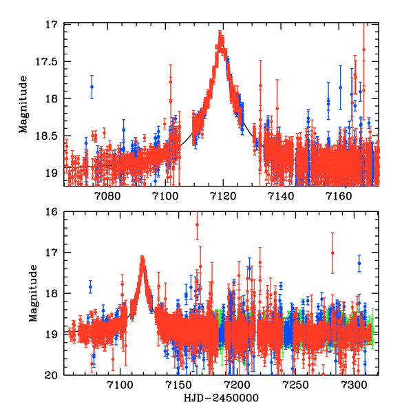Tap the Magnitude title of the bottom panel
[x=32, y=293]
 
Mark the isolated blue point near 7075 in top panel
[x=92, y=86]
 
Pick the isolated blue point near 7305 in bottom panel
[x=359, y=263]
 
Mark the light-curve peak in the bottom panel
[x=142, y=260]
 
